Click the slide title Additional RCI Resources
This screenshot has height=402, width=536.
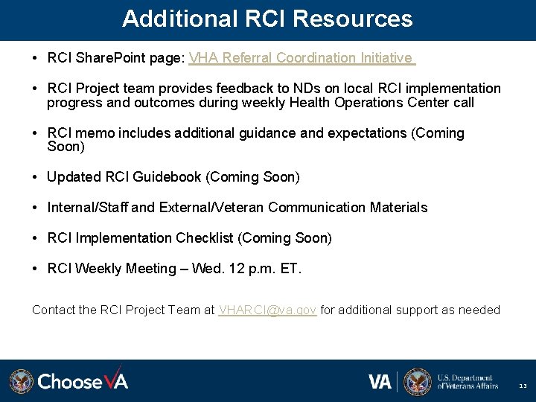pyautogui.click(x=267, y=19)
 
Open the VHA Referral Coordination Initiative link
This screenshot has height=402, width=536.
pyautogui.click(x=301, y=58)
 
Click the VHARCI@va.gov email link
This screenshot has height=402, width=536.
pyautogui.click(x=267, y=310)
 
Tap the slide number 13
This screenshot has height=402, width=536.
pyautogui.click(x=523, y=386)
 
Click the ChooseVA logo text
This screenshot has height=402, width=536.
pyautogui.click(x=83, y=381)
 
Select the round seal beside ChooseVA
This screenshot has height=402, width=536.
pyautogui.click(x=21, y=381)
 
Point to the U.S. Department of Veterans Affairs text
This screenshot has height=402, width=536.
pyautogui.click(x=468, y=381)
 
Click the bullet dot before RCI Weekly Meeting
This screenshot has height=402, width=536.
pyautogui.click(x=36, y=269)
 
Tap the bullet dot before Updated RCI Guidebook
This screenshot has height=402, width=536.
pyautogui.click(x=36, y=177)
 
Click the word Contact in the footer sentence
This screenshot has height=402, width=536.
pyautogui.click(x=54, y=310)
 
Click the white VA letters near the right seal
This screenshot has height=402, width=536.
pyautogui.click(x=380, y=381)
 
